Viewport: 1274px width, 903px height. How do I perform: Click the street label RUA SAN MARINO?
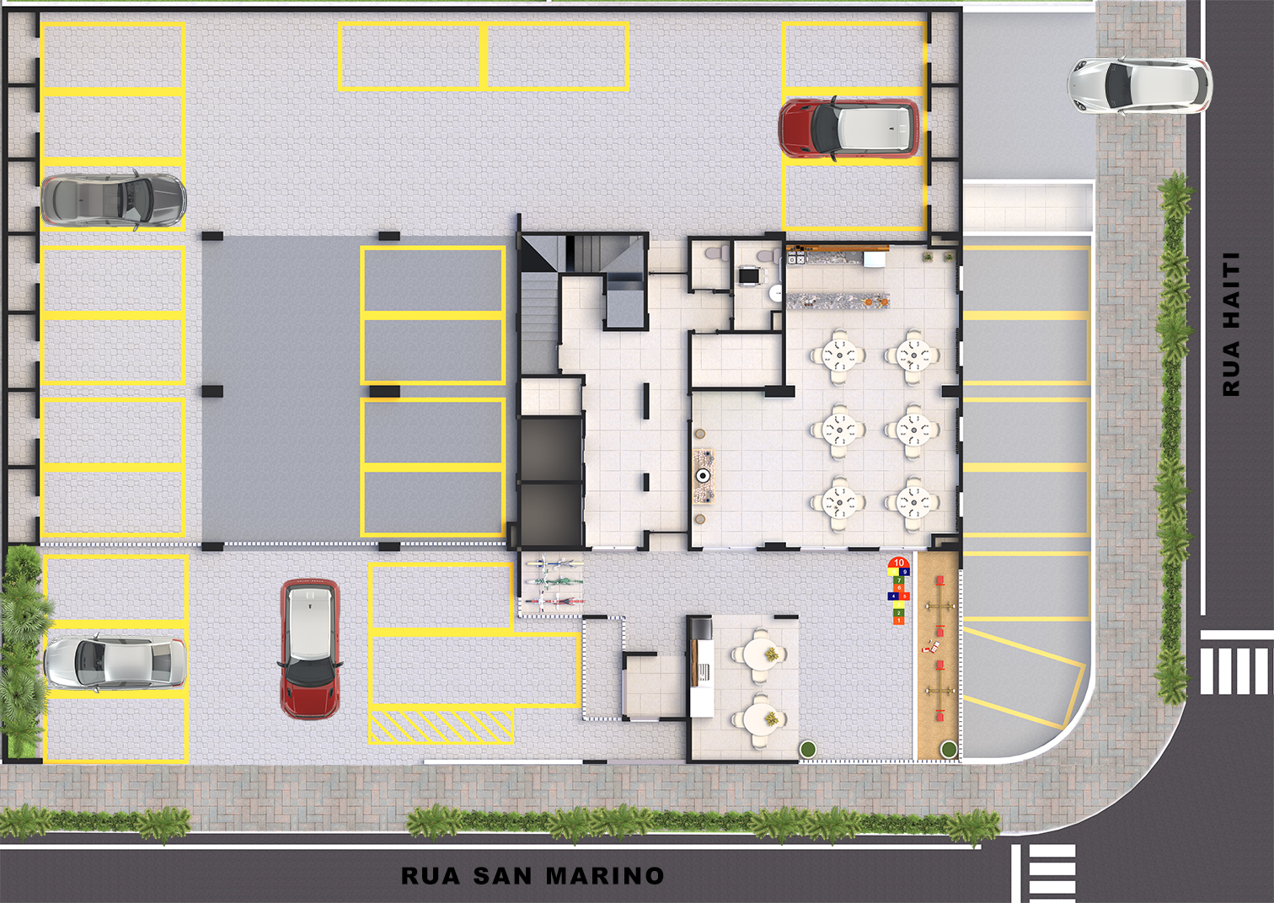click(x=533, y=874)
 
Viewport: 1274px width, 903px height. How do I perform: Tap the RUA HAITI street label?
click(x=1231, y=324)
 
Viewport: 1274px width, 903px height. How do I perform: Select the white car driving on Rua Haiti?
click(x=1140, y=87)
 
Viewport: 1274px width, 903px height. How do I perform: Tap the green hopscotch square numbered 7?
click(x=899, y=580)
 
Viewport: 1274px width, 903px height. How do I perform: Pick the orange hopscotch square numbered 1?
click(x=898, y=621)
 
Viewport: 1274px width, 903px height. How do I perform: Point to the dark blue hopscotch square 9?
click(x=904, y=572)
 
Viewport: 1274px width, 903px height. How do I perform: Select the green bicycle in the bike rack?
click(x=554, y=582)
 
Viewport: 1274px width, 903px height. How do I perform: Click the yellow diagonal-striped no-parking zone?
click(x=441, y=726)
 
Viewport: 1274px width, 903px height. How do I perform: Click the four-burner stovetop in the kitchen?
click(x=795, y=259)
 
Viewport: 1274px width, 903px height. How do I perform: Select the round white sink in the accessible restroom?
click(x=777, y=292)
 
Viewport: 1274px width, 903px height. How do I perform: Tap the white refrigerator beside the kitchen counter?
click(x=874, y=259)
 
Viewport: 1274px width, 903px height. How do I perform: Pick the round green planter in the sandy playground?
click(x=948, y=749)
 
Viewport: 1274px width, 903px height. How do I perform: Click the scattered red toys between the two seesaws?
click(x=932, y=645)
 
